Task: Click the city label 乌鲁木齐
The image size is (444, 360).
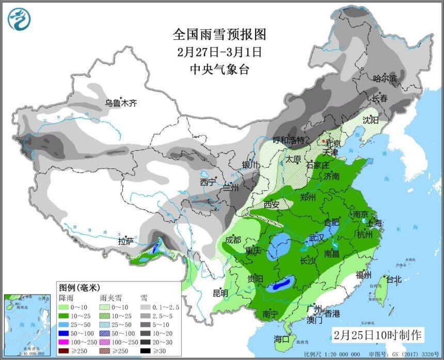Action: click(121, 103)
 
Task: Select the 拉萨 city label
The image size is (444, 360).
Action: click(125, 241)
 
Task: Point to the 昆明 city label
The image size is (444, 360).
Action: click(220, 293)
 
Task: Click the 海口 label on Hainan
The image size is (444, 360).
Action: click(282, 339)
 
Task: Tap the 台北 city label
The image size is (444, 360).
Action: click(393, 279)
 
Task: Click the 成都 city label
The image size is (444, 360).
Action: click(233, 240)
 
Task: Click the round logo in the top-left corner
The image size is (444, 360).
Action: click(19, 19)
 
